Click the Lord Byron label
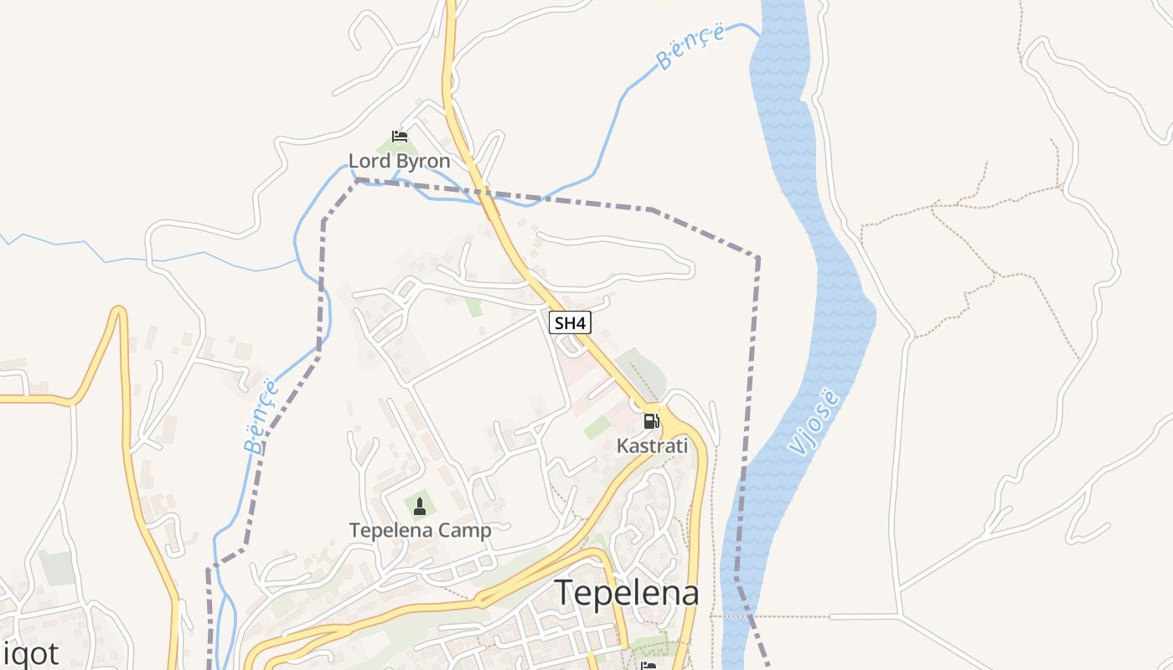(x=399, y=161)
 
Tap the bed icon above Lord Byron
(x=400, y=137)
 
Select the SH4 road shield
(x=571, y=322)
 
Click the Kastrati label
(x=652, y=446)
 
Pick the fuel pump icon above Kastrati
(x=651, y=421)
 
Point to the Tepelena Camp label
(x=420, y=530)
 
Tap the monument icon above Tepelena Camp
(x=420, y=507)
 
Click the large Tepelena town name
(x=627, y=592)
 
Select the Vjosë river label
(x=812, y=422)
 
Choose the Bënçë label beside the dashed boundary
(x=262, y=416)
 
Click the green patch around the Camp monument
(x=419, y=506)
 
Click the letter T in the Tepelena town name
(x=564, y=592)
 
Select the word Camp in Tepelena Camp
(x=464, y=530)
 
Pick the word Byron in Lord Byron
(x=422, y=161)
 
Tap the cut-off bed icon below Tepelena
(x=648, y=666)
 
